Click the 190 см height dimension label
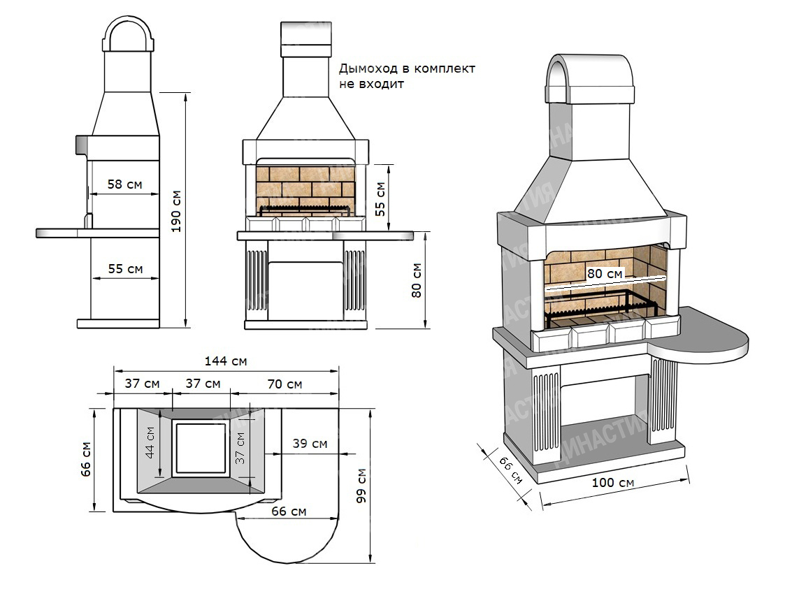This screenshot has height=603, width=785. (x=175, y=211)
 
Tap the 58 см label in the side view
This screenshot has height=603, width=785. (x=124, y=184)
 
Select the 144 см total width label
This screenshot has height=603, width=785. (x=226, y=361)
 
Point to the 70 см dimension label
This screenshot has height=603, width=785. (x=285, y=384)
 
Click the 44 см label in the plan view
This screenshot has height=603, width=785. (x=149, y=442)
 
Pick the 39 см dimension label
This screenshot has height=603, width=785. (x=310, y=444)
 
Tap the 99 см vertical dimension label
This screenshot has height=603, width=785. (x=361, y=486)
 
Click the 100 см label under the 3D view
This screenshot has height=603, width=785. (x=613, y=482)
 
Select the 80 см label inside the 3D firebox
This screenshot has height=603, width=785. (x=605, y=274)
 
